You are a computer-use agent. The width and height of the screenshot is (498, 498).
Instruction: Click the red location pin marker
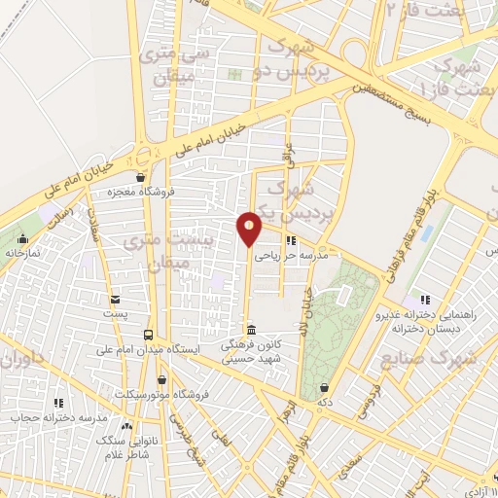point(250,228)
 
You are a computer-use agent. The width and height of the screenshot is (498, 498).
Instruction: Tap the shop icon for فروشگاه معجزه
point(142,177)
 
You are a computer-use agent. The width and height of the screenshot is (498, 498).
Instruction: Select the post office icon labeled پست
point(116,300)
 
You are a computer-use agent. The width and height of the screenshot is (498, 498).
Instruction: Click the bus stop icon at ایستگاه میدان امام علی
point(149,334)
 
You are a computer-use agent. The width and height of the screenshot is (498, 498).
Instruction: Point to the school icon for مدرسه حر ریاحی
point(290,240)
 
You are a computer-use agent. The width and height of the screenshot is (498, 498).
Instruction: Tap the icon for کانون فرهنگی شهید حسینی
point(252,329)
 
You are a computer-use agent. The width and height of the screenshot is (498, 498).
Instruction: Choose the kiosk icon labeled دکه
point(324,387)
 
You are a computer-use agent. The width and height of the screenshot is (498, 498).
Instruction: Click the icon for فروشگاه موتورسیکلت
point(162,379)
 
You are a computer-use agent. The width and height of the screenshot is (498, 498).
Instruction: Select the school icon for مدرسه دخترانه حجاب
point(57,402)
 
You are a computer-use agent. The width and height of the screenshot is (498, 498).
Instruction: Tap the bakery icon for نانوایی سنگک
point(125,424)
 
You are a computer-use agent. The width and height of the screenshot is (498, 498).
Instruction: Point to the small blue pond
point(428,233)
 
